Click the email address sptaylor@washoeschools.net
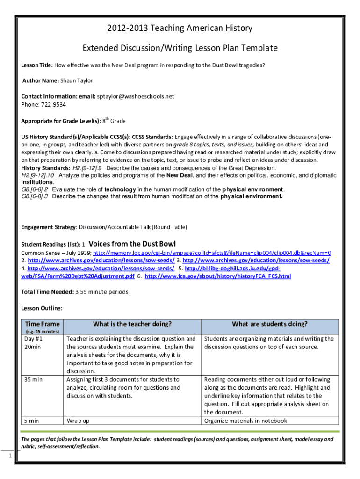click(135, 96)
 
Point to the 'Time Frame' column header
click(42, 324)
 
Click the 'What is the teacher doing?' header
click(132, 324)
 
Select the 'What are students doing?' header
click(270, 324)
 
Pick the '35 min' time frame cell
click(33, 379)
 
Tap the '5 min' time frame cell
click(32, 421)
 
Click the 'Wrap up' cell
click(78, 421)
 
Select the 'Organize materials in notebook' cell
click(245, 421)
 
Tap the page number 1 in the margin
click(10, 457)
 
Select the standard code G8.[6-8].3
click(36, 196)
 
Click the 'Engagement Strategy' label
click(48, 227)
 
